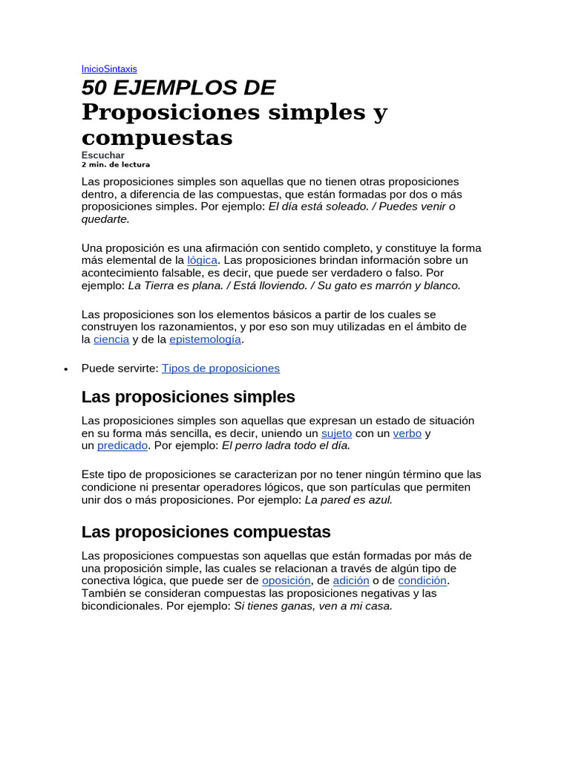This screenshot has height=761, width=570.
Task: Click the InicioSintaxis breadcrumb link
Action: pos(109,68)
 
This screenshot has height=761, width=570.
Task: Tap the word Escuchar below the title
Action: pos(102,155)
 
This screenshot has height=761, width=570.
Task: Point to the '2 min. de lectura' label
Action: pos(115,164)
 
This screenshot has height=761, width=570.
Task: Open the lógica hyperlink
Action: pos(202,260)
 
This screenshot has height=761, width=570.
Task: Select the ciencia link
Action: pos(111,339)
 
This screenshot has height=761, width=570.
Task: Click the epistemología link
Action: pos(205,339)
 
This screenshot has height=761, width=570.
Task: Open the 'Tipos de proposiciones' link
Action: pos(220,368)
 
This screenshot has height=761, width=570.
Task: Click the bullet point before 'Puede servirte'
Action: pos(66,369)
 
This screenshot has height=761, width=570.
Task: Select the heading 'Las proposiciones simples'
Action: pos(188,396)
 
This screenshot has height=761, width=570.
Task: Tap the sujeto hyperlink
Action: pos(336,433)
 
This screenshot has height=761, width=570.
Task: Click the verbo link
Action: pos(407,433)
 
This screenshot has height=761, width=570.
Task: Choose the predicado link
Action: pos(122,445)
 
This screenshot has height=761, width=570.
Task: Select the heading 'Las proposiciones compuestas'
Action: pos(206,532)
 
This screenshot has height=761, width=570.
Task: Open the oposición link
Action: pos(286,580)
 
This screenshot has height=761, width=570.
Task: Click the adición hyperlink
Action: pos(350,580)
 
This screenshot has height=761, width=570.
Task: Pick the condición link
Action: pos(422,580)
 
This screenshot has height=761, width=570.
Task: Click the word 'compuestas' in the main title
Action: pos(157,137)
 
